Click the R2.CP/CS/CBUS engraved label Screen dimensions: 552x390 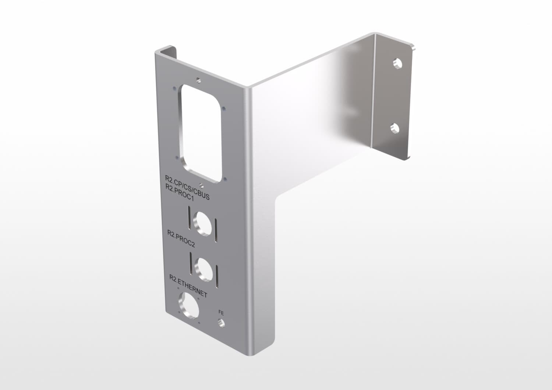point(187,187)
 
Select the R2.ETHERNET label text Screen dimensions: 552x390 point(188,286)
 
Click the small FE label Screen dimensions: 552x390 point(221,313)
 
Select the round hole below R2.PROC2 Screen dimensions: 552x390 point(204,270)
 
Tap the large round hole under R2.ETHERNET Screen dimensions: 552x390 point(189,304)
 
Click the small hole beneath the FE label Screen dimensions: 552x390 point(221,323)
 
